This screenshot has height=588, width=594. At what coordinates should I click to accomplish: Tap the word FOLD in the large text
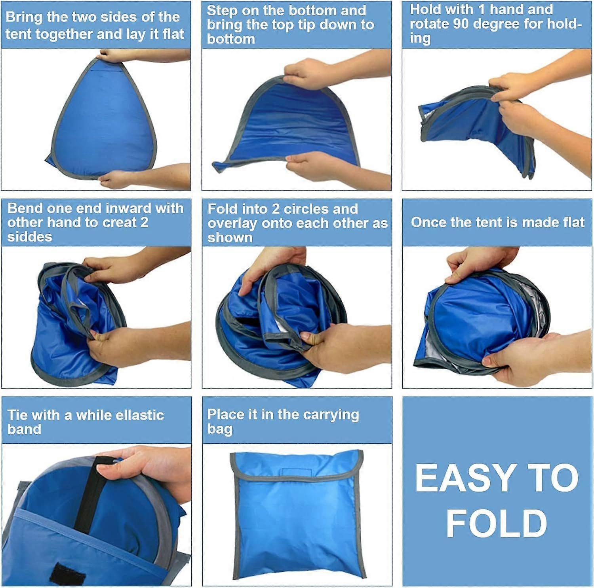(497, 524)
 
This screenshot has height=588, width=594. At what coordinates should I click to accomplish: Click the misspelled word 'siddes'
(30, 237)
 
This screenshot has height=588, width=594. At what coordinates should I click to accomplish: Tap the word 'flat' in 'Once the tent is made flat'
(572, 222)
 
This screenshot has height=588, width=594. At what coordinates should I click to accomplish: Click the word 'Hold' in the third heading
(426, 9)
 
